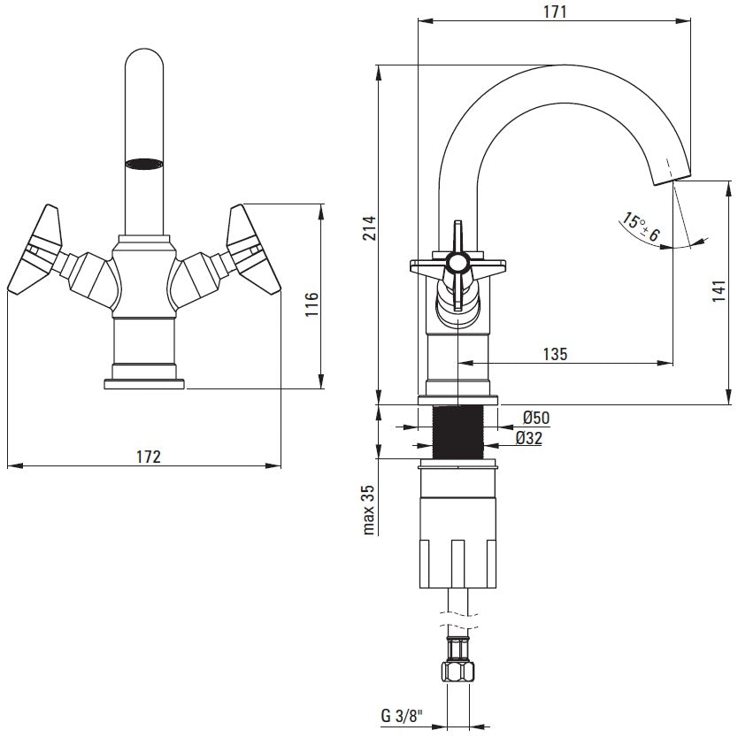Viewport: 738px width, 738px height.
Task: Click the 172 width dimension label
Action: pyautogui.click(x=148, y=457)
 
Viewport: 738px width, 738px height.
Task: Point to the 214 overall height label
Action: pyautogui.click(x=369, y=228)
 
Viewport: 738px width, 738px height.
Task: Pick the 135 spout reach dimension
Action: pyautogui.click(x=555, y=353)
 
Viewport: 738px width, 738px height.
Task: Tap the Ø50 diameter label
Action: pyautogui.click(x=536, y=417)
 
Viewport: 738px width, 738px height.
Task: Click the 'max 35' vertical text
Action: pyautogui.click(x=369, y=510)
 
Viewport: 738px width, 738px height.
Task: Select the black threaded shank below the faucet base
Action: pyautogui.click(x=457, y=433)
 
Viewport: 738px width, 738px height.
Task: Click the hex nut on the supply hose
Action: pyautogui.click(x=457, y=658)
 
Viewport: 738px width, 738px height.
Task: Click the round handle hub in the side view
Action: pyautogui.click(x=457, y=263)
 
